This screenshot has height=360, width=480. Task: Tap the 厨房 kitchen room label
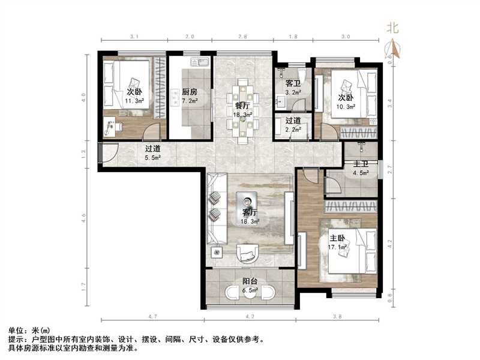tap(190, 92)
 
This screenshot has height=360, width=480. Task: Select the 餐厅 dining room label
tap(242, 105)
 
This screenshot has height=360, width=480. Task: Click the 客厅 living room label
tap(250, 213)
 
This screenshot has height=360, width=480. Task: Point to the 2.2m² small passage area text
tap(293, 129)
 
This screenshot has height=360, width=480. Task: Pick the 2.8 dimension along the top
tap(242, 37)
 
